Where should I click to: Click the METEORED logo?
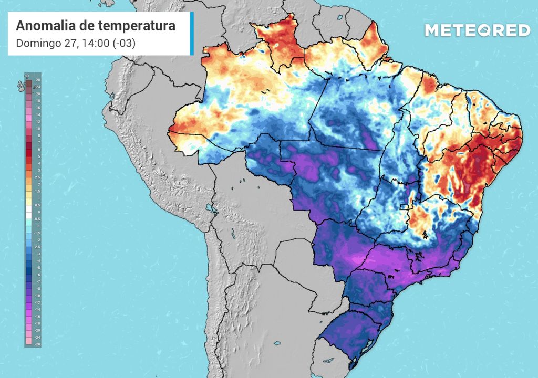[x=477, y=30]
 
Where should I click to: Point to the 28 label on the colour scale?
[x=38, y=80]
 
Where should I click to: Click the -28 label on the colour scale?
[x=37, y=344]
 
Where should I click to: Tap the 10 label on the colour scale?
[x=38, y=129]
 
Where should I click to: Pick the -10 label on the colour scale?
[x=37, y=296]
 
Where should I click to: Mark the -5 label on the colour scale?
[x=38, y=268]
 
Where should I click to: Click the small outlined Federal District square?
[x=404, y=207]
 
